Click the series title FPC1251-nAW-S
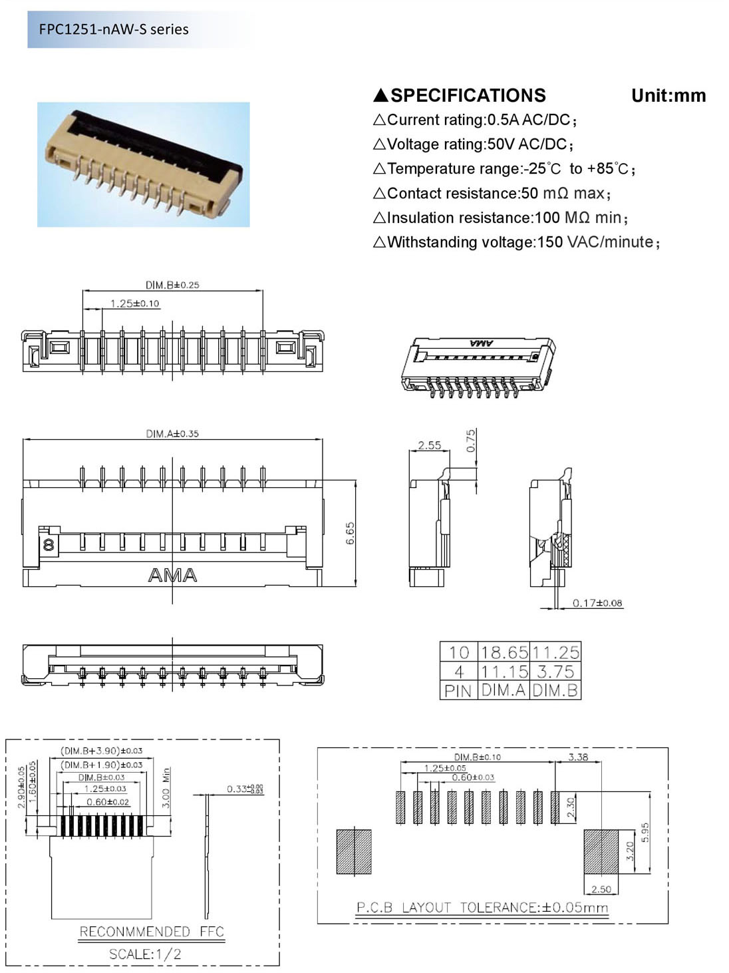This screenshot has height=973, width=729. pos(113,29)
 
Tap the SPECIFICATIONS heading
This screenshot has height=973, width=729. pos(468,95)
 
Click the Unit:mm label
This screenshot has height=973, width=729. pos(668,95)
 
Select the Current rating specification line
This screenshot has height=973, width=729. pos(475,120)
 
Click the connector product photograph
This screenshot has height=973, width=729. pos(143,164)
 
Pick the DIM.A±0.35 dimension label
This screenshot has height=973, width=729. pos(172,433)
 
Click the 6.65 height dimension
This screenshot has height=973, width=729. pos(351,533)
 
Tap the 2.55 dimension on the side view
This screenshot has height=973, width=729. pos(429,445)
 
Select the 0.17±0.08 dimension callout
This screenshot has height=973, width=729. pos(597,603)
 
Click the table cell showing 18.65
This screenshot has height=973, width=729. pos(504,652)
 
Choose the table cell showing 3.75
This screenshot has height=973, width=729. pos(555,672)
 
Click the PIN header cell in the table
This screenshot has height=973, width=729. pos(458,691)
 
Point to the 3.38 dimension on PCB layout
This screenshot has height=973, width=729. pos(578,757)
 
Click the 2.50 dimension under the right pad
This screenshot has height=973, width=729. pos(601,889)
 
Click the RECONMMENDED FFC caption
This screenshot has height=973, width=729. pos(152,931)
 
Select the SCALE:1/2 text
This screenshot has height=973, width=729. pos(145,954)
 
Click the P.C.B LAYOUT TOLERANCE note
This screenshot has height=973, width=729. pos(482,907)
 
